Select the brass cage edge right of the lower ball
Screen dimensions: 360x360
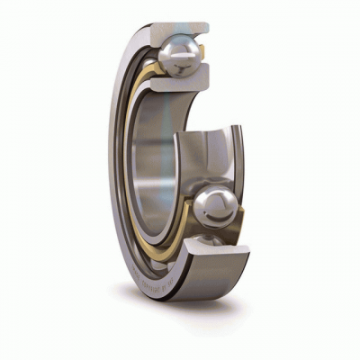pos(244,216)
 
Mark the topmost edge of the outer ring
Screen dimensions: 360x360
pos(171,23)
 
